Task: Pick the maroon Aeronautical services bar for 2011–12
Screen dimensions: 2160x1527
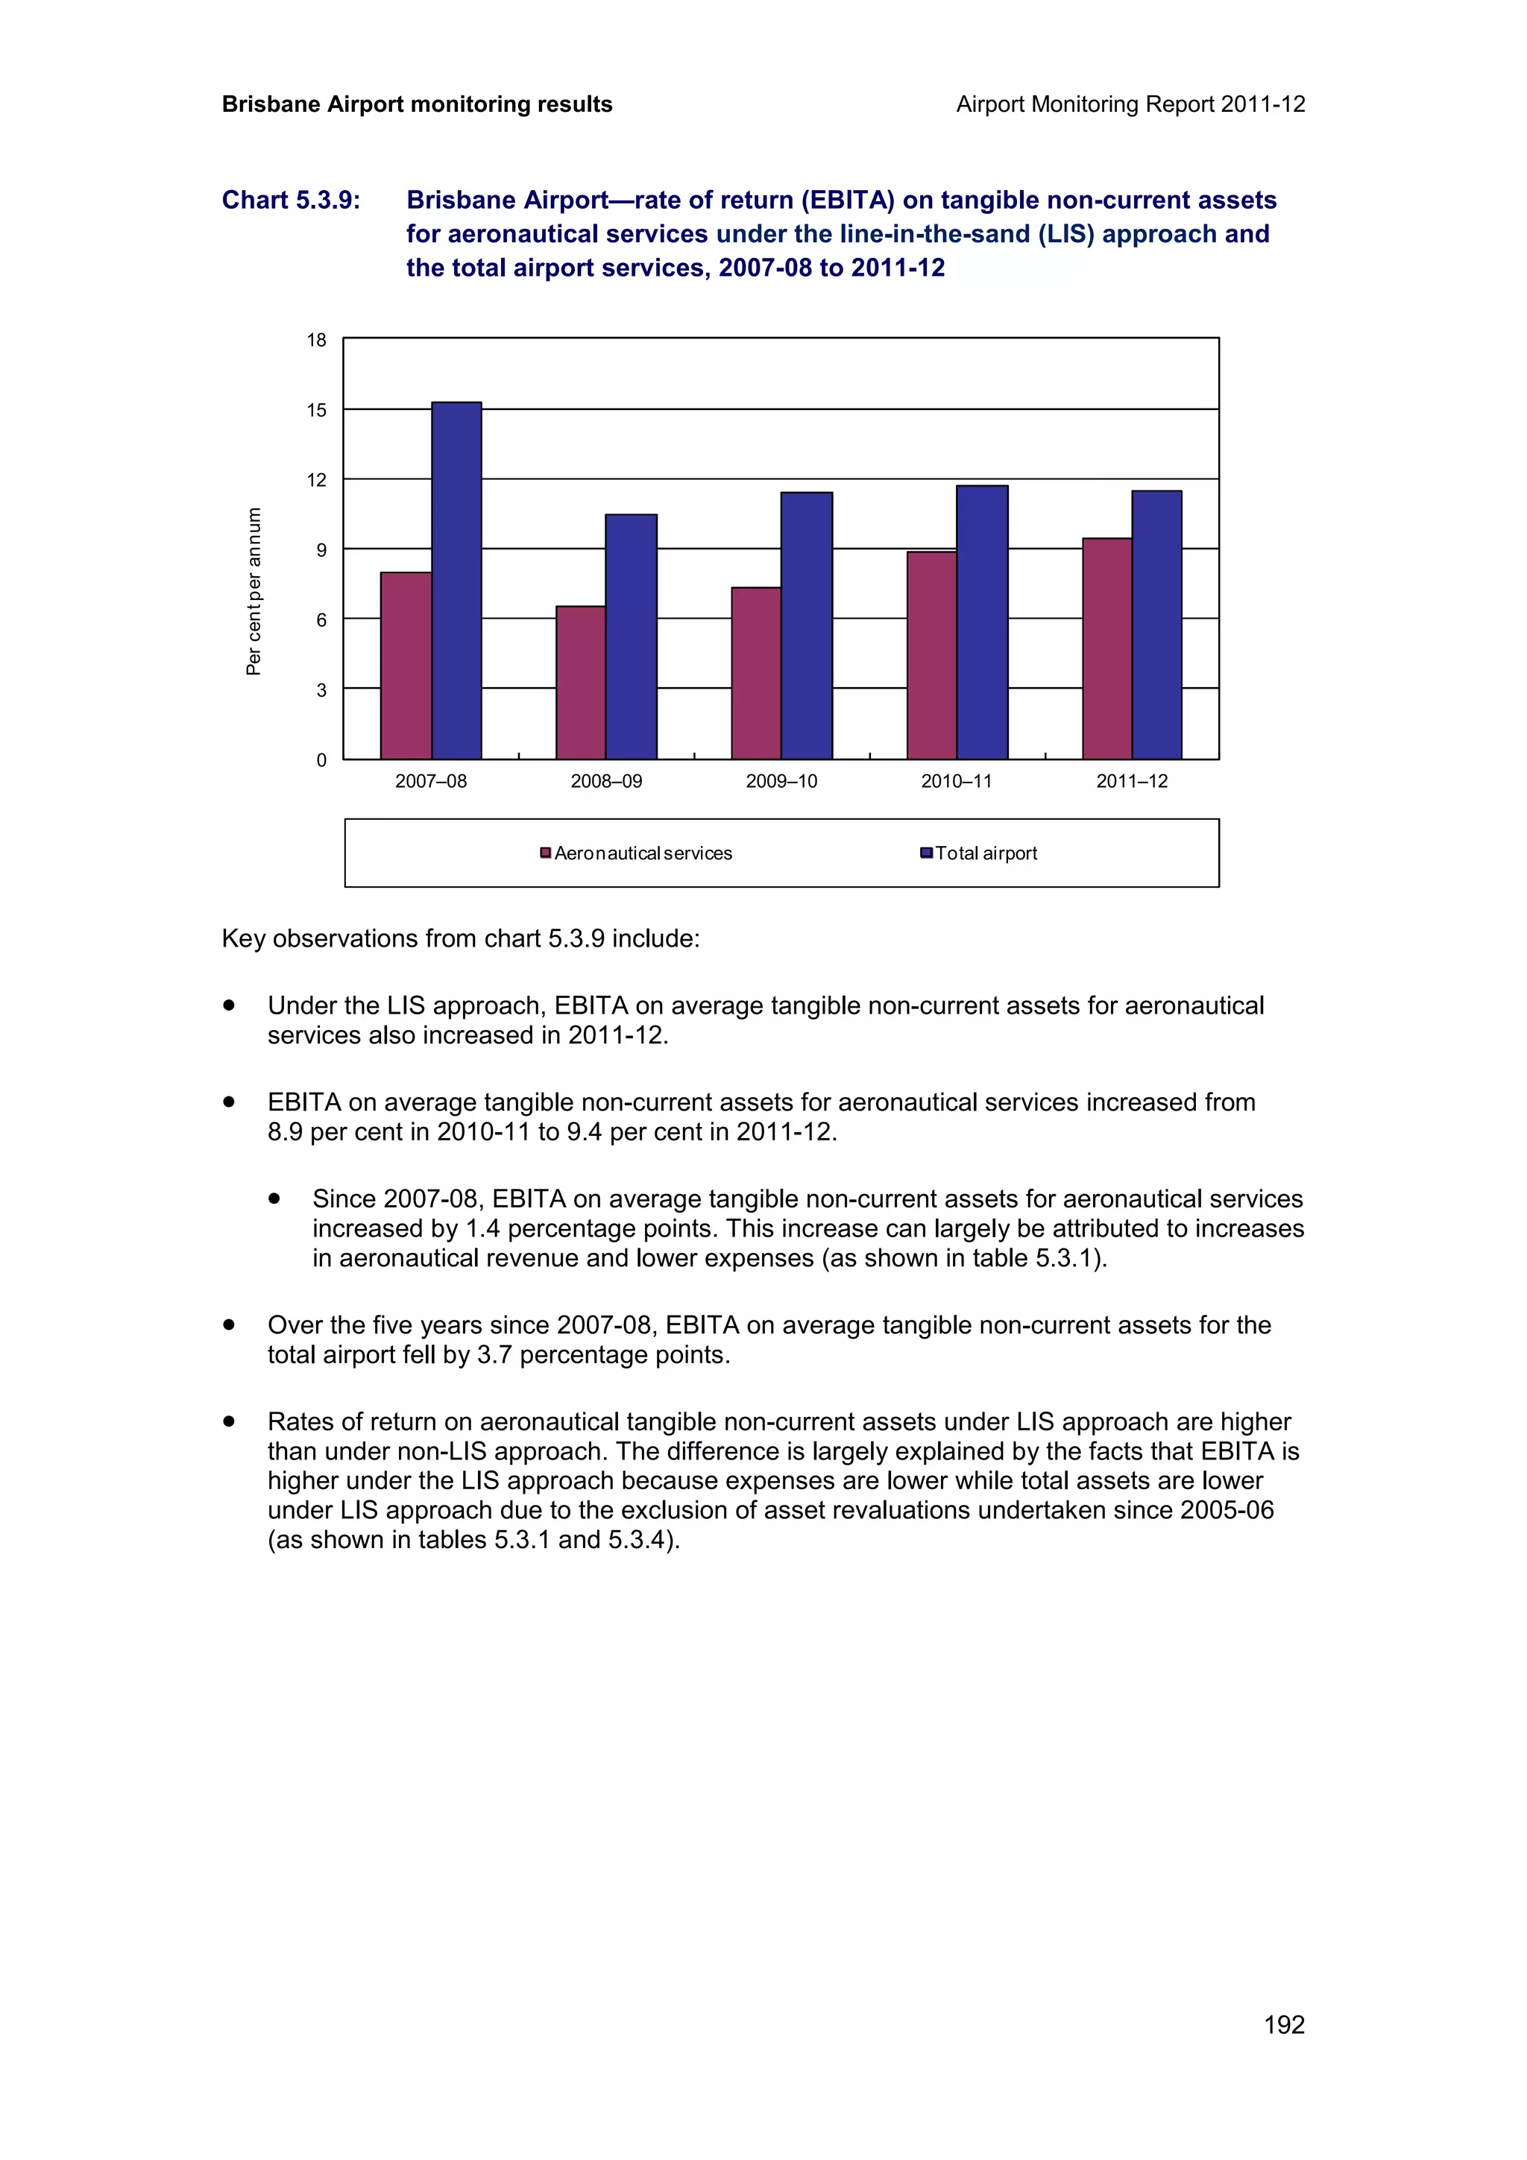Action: pyautogui.click(x=1106, y=648)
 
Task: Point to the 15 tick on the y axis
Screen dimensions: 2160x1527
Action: pyautogui.click(x=317, y=410)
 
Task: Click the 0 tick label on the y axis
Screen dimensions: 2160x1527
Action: pyautogui.click(x=321, y=760)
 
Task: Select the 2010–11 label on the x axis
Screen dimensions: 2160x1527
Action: pyautogui.click(x=956, y=782)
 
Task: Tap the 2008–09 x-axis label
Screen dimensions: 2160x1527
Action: pyautogui.click(x=606, y=782)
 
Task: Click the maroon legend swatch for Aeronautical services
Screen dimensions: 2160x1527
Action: pyautogui.click(x=546, y=853)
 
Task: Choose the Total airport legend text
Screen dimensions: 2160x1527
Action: pyautogui.click(x=985, y=853)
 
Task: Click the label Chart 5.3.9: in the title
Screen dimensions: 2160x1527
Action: pyautogui.click(x=291, y=200)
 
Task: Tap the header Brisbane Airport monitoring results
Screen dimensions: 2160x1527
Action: pyautogui.click(x=417, y=104)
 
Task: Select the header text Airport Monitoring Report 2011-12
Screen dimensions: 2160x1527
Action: pyautogui.click(x=1130, y=104)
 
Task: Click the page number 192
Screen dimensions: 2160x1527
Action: pyautogui.click(x=1283, y=2024)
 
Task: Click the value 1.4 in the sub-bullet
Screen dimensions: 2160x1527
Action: pyautogui.click(x=482, y=1228)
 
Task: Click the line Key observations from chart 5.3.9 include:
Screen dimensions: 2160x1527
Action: pyautogui.click(x=460, y=939)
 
